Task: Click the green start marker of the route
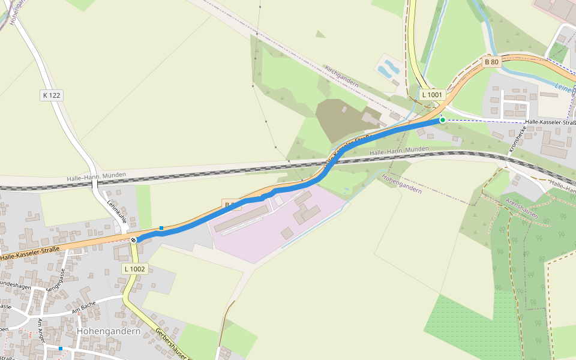(x=443, y=120)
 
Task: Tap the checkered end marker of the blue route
(x=133, y=240)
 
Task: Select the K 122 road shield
(x=52, y=95)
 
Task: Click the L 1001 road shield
(x=431, y=95)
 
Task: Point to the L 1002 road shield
(x=134, y=269)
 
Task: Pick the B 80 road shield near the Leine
(x=491, y=62)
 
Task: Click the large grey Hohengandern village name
(x=109, y=331)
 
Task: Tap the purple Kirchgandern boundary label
(x=341, y=76)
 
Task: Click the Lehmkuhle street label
(x=116, y=211)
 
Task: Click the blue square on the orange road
(x=161, y=228)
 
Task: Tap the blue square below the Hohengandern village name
(x=61, y=348)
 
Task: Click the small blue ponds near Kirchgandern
(x=388, y=67)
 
